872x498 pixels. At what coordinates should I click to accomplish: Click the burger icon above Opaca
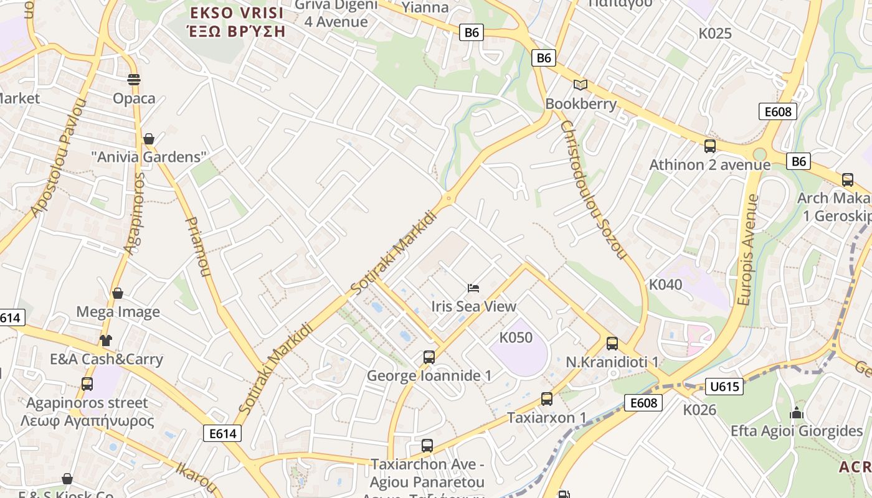click(134, 79)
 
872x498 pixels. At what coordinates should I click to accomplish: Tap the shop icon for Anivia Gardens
click(148, 138)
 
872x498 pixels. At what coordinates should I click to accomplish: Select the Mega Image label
click(118, 312)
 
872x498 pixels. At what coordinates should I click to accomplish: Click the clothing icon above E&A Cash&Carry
click(106, 341)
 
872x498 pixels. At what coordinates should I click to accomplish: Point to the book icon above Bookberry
click(581, 85)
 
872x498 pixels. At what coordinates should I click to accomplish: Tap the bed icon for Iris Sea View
click(473, 288)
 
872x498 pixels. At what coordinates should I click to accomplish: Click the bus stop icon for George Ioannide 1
click(429, 357)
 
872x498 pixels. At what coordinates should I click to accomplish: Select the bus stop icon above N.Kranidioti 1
click(612, 343)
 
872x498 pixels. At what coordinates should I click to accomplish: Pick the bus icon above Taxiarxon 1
click(546, 399)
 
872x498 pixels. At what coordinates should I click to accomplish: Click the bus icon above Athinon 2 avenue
click(709, 146)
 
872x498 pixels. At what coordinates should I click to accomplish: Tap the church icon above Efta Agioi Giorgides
click(796, 413)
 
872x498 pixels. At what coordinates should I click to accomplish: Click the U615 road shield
click(724, 387)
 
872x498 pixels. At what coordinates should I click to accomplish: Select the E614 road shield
click(222, 433)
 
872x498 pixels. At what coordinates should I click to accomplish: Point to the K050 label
click(516, 337)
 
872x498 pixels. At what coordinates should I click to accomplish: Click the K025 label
click(714, 34)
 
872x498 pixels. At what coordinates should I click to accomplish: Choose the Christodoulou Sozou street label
click(592, 189)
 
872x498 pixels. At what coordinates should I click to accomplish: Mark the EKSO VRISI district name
click(237, 12)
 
